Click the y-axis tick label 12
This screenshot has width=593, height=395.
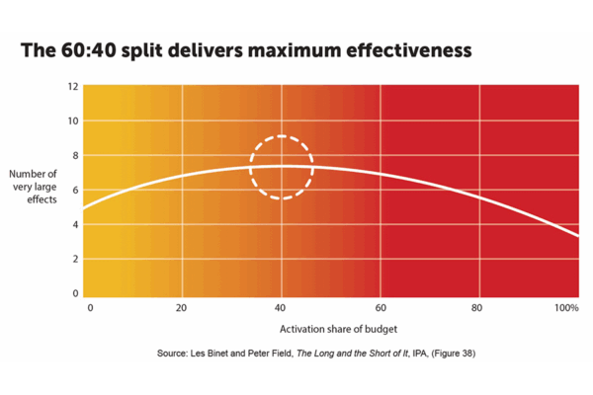(72, 87)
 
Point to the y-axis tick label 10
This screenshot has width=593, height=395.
(72, 121)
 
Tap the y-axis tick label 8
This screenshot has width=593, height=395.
(72, 156)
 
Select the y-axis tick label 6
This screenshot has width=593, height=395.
(72, 191)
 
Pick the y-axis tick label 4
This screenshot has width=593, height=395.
(72, 225)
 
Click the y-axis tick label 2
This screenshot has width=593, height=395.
(72, 260)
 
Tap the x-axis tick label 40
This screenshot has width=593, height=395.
(282, 309)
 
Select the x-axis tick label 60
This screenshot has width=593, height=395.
(381, 309)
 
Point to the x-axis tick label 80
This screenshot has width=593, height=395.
(479, 309)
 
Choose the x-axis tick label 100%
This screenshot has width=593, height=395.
(566, 309)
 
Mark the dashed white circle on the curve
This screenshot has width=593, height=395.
(282, 167)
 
